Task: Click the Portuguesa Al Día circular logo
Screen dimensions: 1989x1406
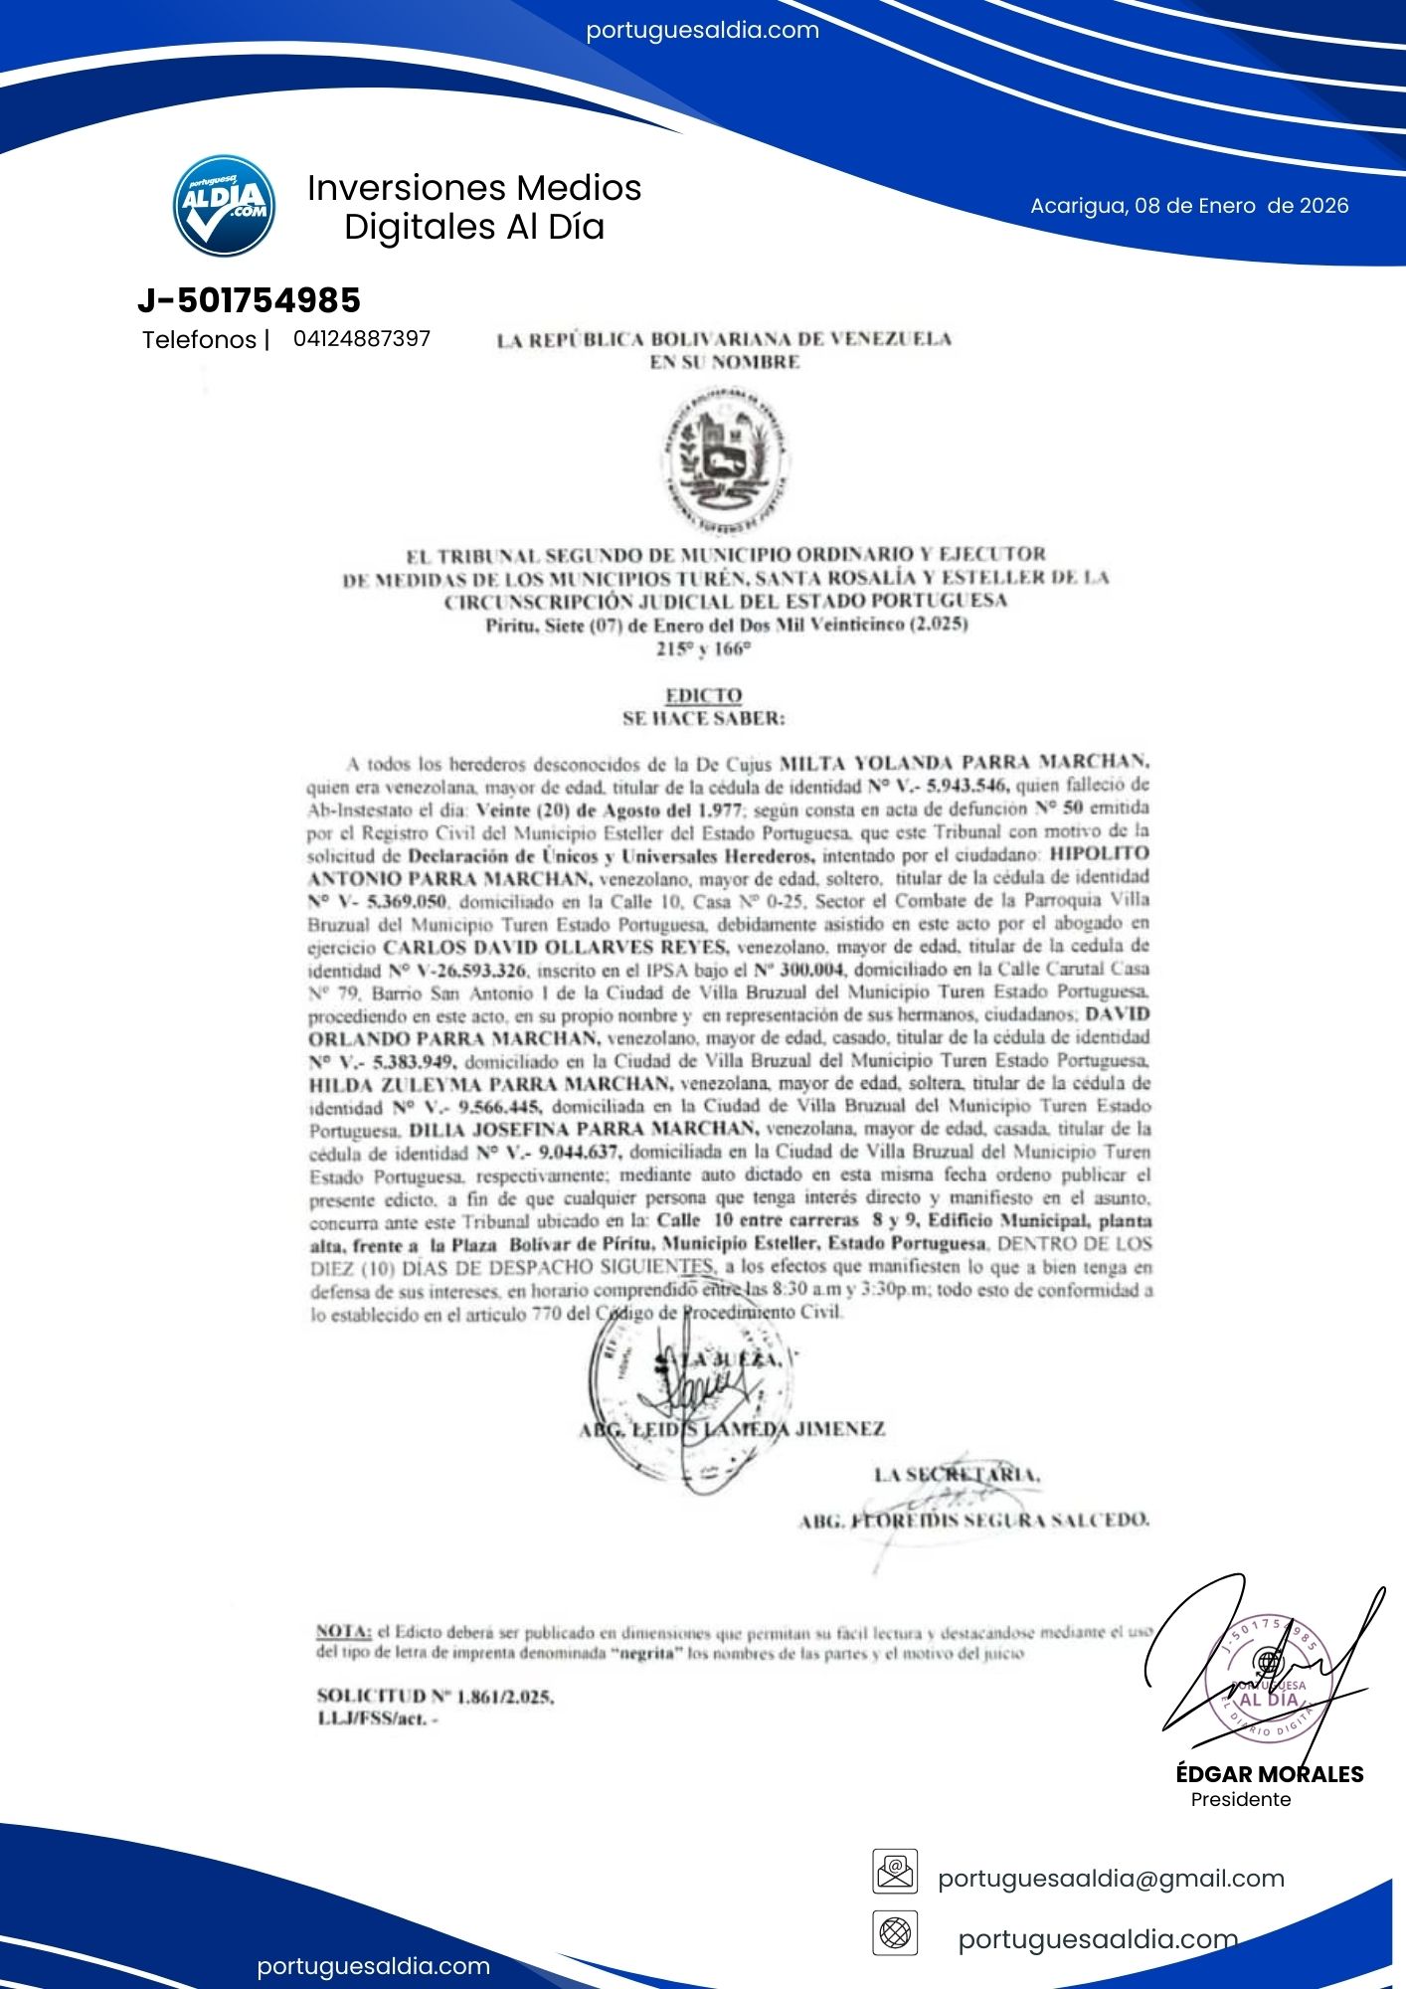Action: pyautogui.click(x=224, y=205)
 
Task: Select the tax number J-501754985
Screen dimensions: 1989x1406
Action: pyautogui.click(x=249, y=300)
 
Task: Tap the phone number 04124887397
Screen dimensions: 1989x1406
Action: pyautogui.click(x=362, y=339)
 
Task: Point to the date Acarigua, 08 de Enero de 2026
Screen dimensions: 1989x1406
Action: pyautogui.click(x=1189, y=206)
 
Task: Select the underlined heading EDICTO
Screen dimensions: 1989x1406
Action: pyautogui.click(x=703, y=695)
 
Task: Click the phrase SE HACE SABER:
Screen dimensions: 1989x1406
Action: pyautogui.click(x=703, y=718)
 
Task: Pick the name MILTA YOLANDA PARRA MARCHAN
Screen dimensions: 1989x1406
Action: pyautogui.click(x=964, y=763)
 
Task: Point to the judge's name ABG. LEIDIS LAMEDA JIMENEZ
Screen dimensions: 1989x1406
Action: pyautogui.click(x=732, y=1429)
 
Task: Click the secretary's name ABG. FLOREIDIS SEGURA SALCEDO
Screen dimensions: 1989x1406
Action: pyautogui.click(x=974, y=1520)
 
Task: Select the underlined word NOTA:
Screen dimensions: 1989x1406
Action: pyautogui.click(x=344, y=1632)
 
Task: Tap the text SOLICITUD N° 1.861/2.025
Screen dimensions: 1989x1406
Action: pyautogui.click(x=436, y=1697)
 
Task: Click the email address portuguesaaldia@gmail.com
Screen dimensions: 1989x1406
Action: pyautogui.click(x=1111, y=1879)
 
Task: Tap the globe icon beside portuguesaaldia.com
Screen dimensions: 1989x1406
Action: pyautogui.click(x=895, y=1933)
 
